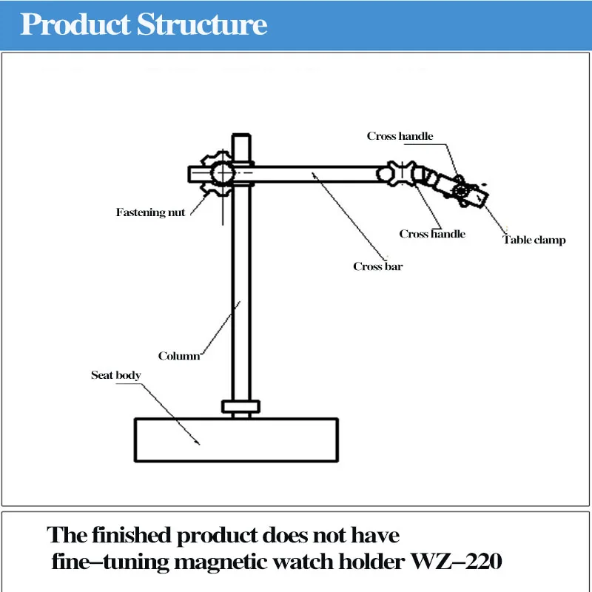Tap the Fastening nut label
[150, 212]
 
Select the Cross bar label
[377, 266]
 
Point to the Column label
[179, 356]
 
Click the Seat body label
[115, 375]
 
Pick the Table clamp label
[534, 240]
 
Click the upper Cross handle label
[400, 136]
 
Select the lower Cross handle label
[432, 234]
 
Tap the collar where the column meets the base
[241, 406]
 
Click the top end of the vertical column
[241, 139]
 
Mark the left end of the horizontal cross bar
[193, 174]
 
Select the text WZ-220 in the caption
[460, 562]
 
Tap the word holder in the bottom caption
[373, 562]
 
